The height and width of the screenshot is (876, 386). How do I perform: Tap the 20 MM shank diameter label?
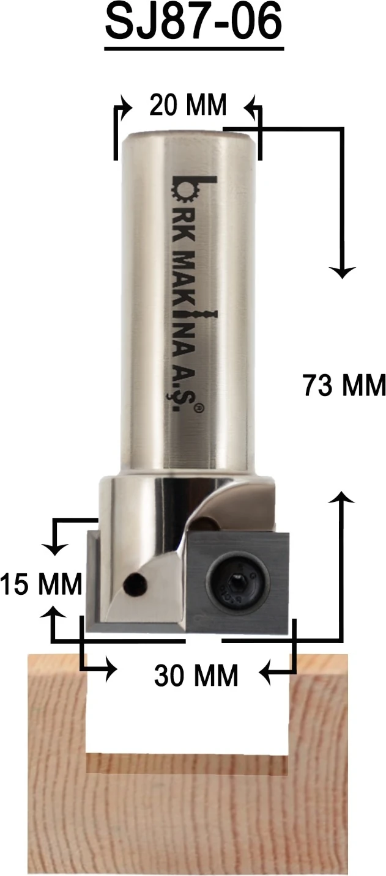click(x=188, y=106)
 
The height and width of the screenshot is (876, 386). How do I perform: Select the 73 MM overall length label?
click(x=344, y=386)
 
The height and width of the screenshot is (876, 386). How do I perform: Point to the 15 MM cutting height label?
click(x=41, y=585)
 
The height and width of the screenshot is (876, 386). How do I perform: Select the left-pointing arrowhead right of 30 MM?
click(x=267, y=674)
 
